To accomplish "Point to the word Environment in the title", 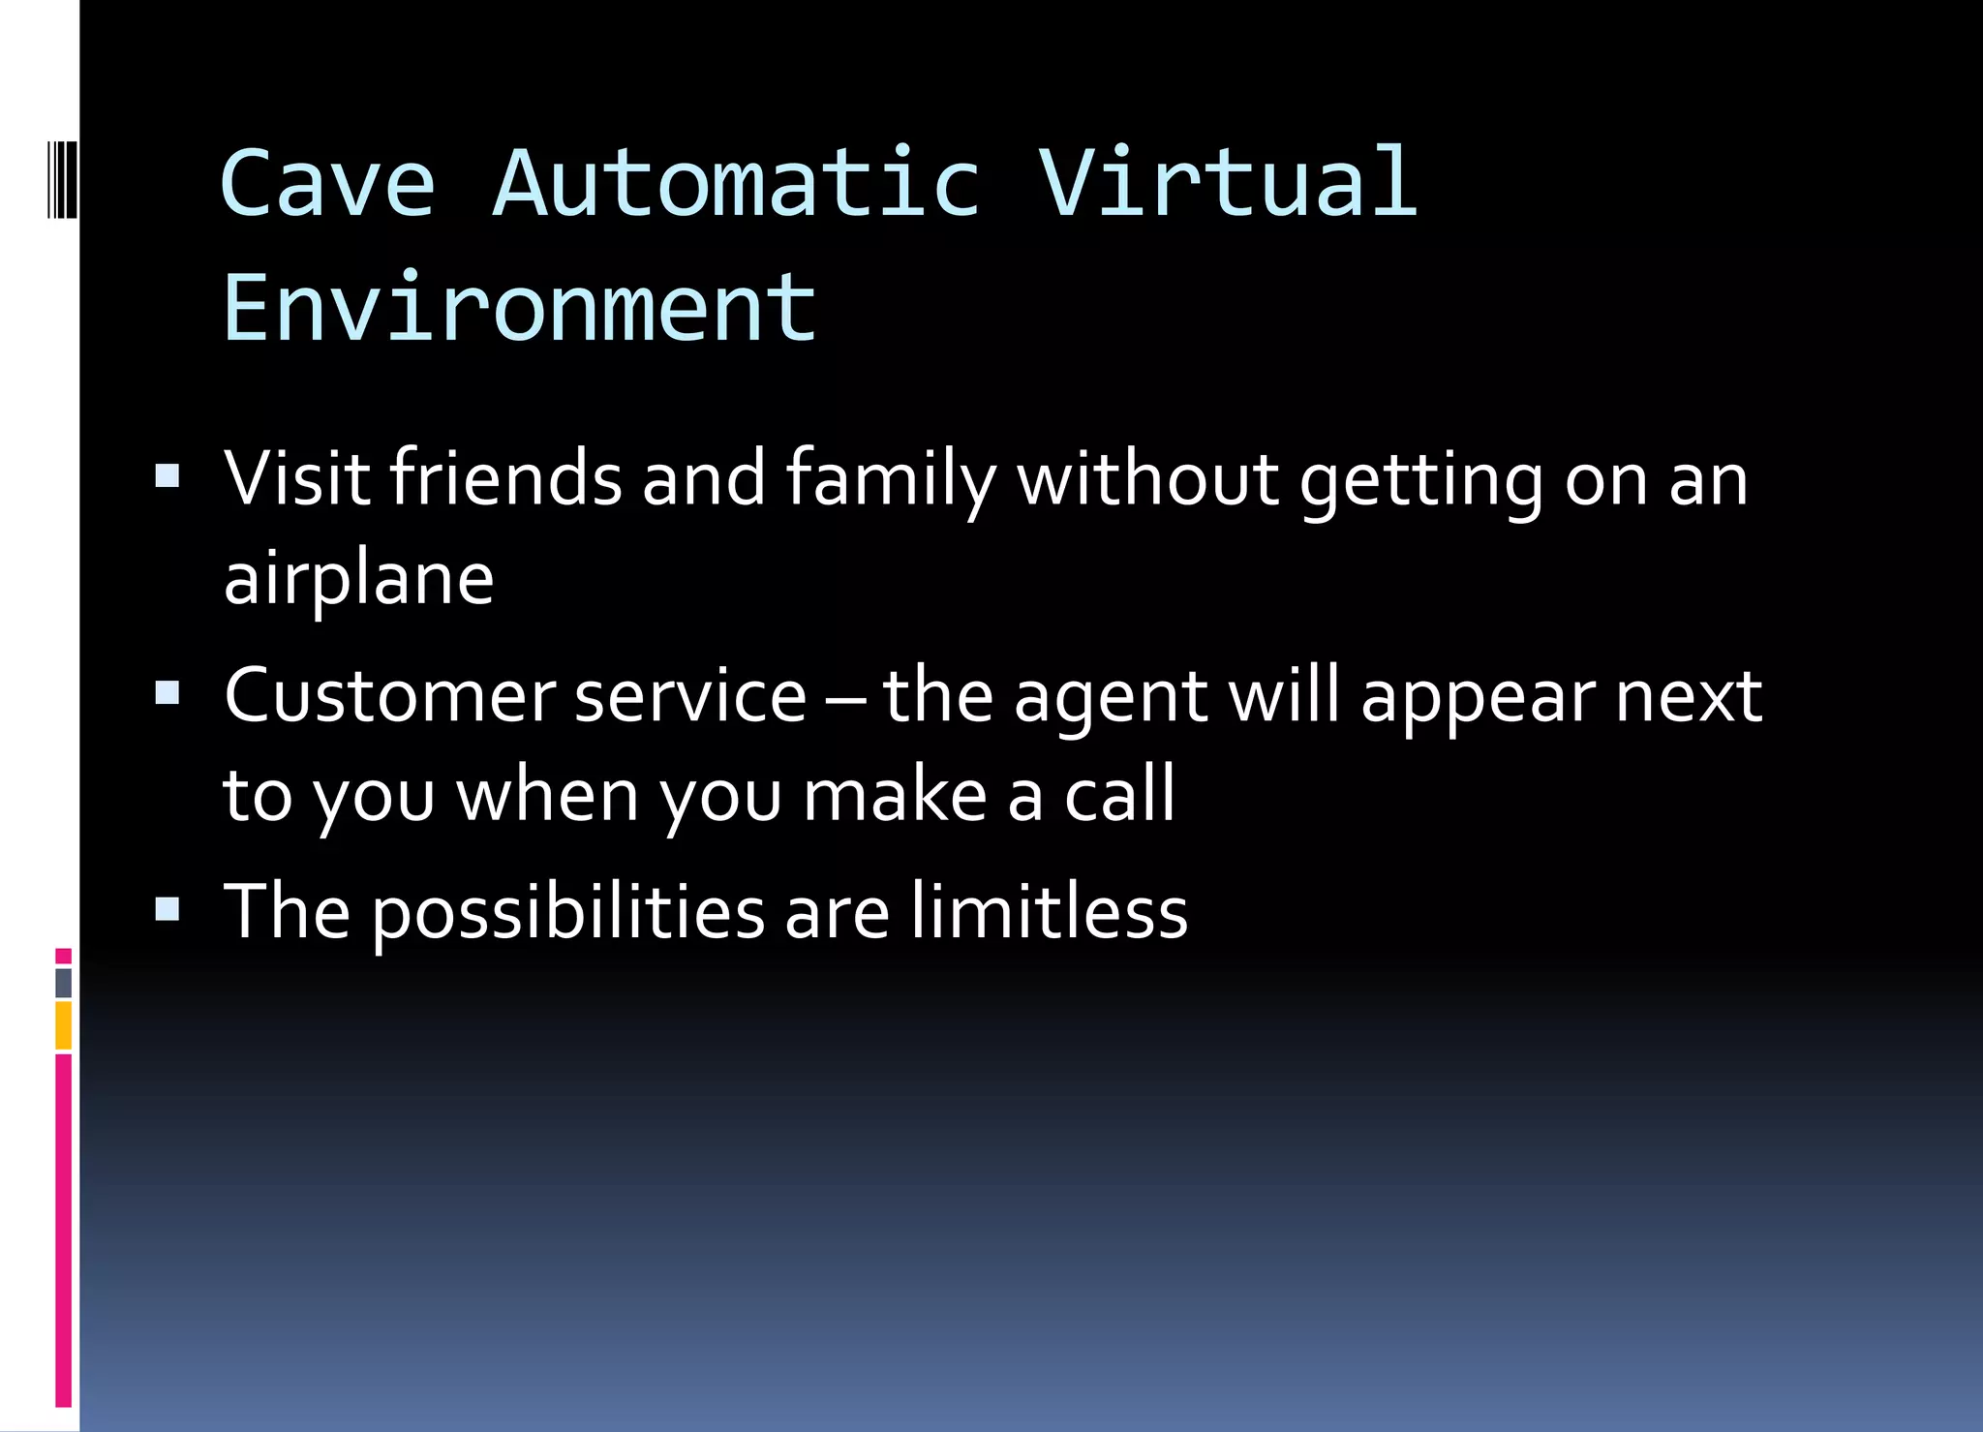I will pos(519,308).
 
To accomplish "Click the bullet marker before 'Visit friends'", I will pos(168,476).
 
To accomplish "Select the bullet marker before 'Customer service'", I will pos(168,692).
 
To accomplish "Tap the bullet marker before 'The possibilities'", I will pos(168,909).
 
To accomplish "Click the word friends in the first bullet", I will pos(505,478).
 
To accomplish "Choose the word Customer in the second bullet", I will pos(389,695).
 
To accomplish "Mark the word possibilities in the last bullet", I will pos(568,913).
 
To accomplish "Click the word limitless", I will pos(1049,911).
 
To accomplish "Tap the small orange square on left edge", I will pos(63,1026).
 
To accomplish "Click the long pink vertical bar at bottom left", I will pos(63,1230).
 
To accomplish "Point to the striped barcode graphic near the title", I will pos(62,179).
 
